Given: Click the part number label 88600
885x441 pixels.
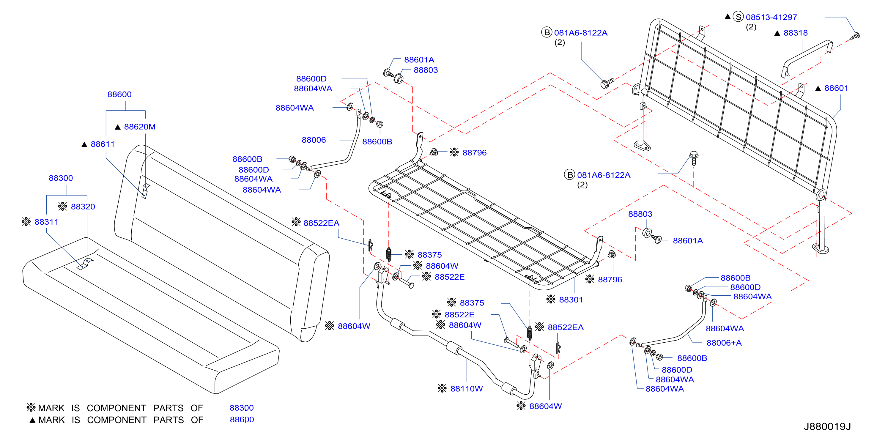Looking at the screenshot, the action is click(119, 94).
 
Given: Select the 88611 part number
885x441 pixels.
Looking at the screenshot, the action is click(103, 144).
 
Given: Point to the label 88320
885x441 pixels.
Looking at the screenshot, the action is click(83, 207).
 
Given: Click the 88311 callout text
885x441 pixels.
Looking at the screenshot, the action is click(46, 222).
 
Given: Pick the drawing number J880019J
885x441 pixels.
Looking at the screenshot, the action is click(827, 426).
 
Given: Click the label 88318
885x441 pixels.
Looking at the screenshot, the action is click(795, 33).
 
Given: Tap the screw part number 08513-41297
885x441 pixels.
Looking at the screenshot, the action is click(771, 17).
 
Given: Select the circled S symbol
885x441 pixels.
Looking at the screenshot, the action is click(738, 17).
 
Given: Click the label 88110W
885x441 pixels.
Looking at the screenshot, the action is click(466, 389).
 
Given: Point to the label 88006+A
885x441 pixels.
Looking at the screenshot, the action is click(724, 343).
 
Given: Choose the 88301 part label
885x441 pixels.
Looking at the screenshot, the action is click(571, 300).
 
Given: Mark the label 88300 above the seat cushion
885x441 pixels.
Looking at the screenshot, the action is click(61, 178).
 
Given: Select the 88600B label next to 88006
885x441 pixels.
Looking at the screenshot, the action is click(377, 141).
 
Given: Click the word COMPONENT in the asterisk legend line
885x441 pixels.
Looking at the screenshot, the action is click(116, 408).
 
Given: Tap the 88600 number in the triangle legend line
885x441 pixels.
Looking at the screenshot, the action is click(242, 420).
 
